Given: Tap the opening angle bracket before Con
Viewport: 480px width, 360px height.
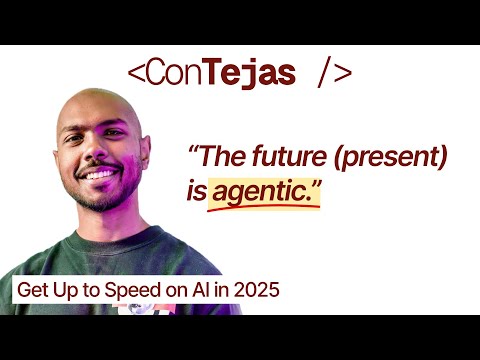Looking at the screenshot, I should (x=137, y=74).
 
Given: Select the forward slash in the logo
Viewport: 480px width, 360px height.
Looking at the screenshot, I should (x=322, y=73).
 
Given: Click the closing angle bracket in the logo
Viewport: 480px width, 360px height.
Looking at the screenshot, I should (x=342, y=74).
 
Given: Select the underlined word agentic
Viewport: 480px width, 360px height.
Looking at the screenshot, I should (x=265, y=190).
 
